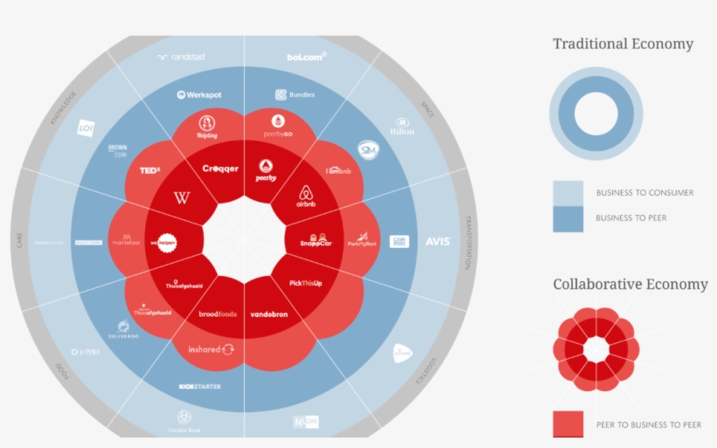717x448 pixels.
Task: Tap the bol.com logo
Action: [x=307, y=57]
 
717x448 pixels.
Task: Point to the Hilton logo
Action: [x=403, y=127]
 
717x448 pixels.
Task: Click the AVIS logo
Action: [x=436, y=241]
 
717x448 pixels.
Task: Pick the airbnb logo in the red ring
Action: [x=305, y=196]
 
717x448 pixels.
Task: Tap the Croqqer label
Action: [x=220, y=169]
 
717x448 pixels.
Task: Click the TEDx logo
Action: [x=150, y=170]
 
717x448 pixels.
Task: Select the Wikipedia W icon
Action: [x=183, y=199]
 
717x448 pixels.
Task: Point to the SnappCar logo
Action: [x=316, y=241]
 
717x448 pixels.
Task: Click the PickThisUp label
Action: [x=306, y=284]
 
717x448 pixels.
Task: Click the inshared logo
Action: [x=211, y=349]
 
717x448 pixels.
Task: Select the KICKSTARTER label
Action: [x=199, y=385]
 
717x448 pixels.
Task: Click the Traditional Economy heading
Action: [x=623, y=44]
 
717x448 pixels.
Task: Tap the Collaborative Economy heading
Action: [x=630, y=284]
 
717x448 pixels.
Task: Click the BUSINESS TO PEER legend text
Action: [x=630, y=217]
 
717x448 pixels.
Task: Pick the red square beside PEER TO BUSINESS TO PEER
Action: [x=567, y=424]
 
